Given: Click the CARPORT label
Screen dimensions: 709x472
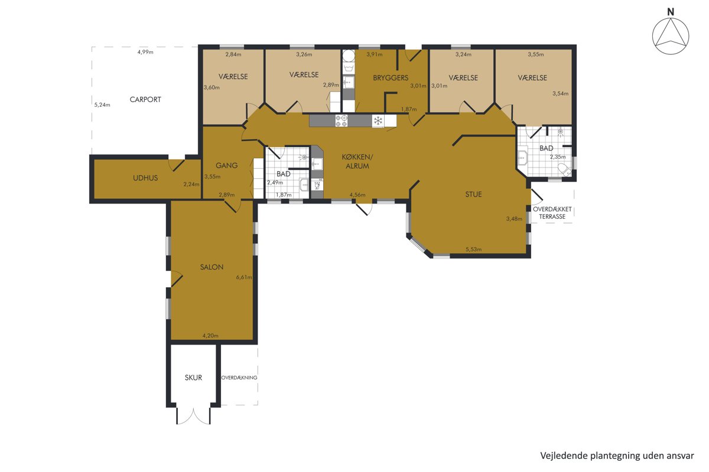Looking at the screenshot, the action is [x=145, y=100].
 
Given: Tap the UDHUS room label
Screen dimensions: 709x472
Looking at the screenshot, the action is [x=145, y=178].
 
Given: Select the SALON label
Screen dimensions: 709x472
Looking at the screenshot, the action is [x=212, y=267].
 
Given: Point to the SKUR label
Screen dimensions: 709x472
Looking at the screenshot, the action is [x=193, y=378].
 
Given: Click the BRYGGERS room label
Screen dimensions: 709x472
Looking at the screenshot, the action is [x=391, y=78].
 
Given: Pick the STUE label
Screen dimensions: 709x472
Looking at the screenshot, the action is [x=473, y=195].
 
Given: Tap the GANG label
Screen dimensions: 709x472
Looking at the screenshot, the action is [x=227, y=165].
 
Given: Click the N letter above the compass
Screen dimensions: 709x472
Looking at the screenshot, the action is [x=671, y=12].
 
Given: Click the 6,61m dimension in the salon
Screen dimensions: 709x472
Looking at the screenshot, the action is [x=244, y=277].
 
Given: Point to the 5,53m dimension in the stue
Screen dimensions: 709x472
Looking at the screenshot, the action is [x=473, y=250].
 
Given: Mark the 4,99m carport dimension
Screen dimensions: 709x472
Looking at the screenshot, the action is [x=145, y=52].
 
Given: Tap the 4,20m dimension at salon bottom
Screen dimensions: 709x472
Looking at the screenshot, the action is [x=210, y=336].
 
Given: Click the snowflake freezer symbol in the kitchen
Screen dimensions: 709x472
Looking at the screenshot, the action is [x=378, y=120].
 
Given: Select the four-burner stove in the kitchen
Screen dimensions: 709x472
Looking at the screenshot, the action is [x=342, y=121].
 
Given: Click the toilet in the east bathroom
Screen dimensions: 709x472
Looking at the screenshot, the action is [x=564, y=169].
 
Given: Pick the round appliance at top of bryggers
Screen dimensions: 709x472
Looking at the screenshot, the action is [x=349, y=56].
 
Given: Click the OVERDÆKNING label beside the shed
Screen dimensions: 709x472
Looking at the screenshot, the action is [x=239, y=378].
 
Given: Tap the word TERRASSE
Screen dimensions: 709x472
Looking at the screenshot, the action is [x=552, y=217].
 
